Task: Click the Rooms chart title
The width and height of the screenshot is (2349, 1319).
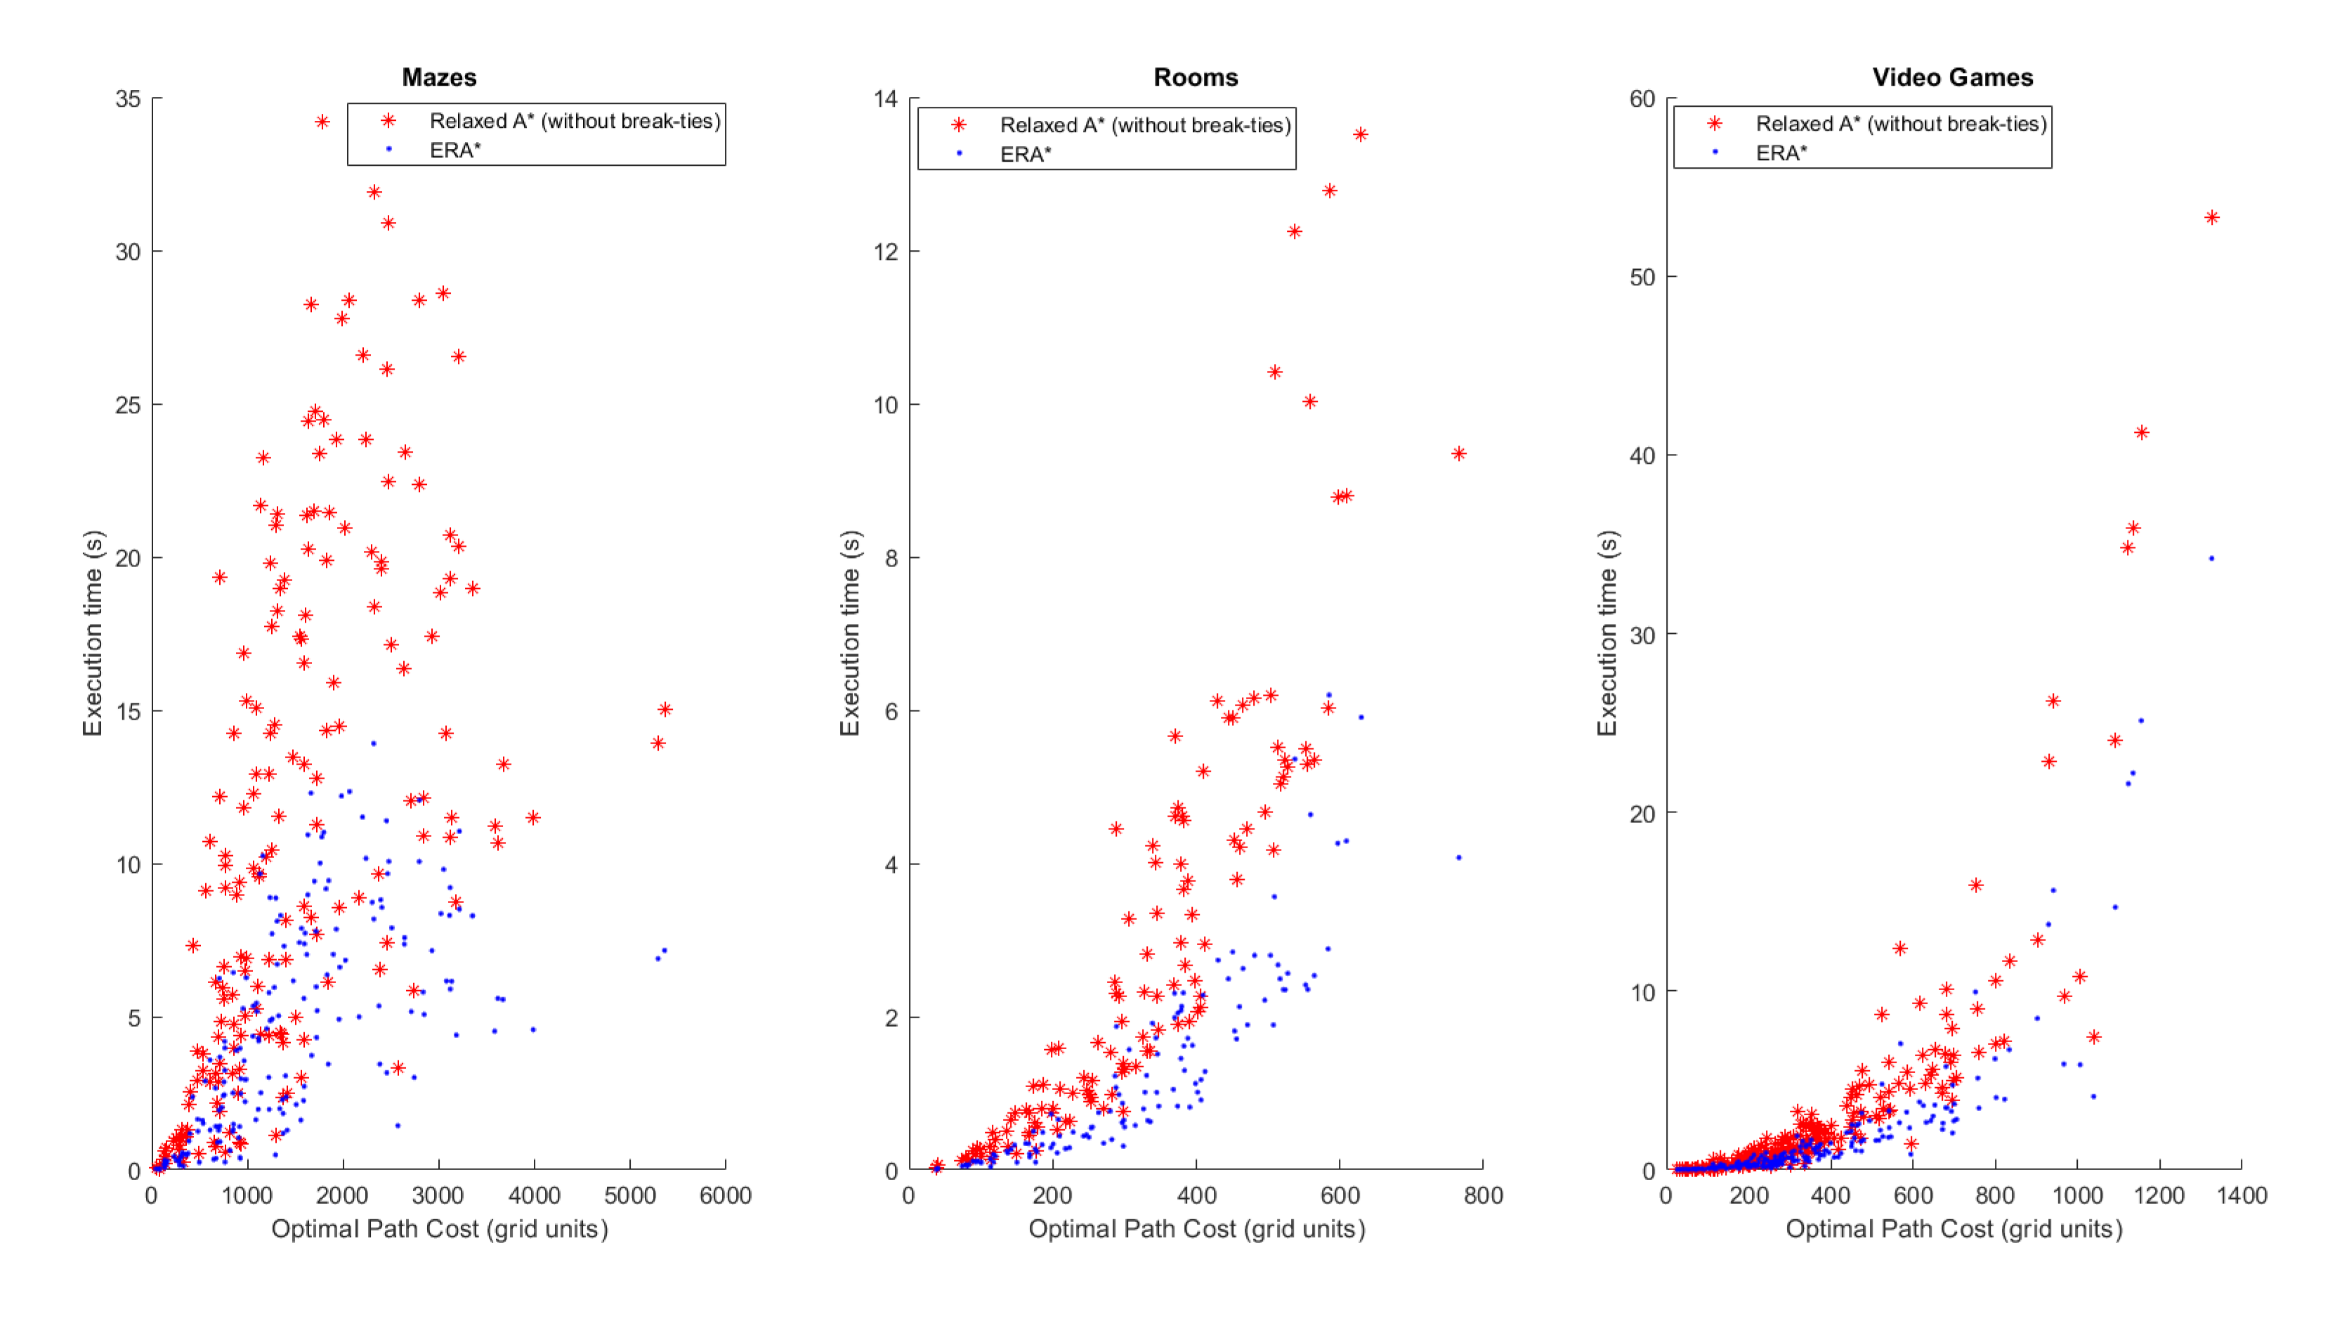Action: (x=1195, y=77)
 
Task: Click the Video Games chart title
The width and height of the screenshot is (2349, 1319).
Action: (x=1951, y=77)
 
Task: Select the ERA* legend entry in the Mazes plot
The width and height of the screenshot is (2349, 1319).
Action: (x=454, y=150)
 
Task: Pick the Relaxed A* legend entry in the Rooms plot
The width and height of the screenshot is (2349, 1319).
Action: (x=1144, y=125)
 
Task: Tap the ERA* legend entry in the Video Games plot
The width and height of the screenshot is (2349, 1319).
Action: (x=1780, y=153)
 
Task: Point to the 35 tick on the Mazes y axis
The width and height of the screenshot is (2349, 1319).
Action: (x=128, y=98)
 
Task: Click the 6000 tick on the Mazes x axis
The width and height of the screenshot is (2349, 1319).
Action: (x=725, y=1195)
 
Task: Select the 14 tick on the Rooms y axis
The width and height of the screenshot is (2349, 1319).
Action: (x=884, y=98)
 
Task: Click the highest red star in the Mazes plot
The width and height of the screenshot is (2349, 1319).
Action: (x=322, y=122)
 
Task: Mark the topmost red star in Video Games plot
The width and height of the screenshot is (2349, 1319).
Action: (x=2211, y=217)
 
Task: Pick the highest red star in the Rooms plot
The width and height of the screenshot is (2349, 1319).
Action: (x=1360, y=134)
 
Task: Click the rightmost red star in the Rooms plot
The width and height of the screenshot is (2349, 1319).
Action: (x=1458, y=453)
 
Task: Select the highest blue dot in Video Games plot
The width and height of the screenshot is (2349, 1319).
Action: (x=2211, y=558)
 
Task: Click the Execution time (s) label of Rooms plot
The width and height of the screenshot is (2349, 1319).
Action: (x=849, y=632)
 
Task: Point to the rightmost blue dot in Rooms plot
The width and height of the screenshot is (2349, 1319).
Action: (x=1458, y=857)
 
